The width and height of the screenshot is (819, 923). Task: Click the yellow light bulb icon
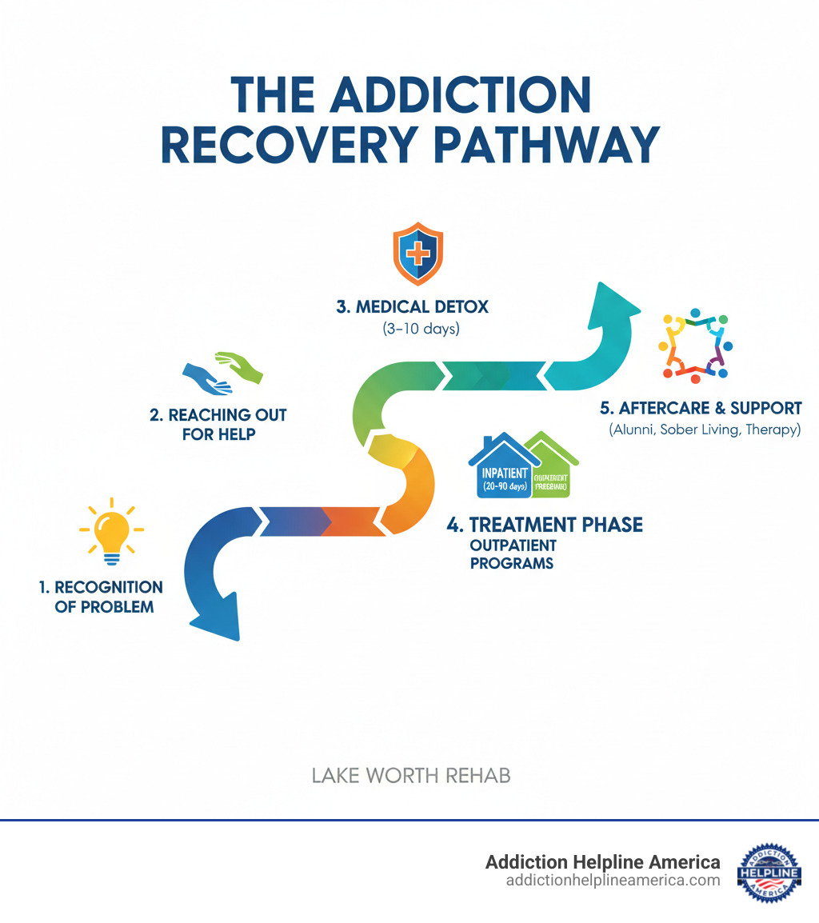click(x=112, y=530)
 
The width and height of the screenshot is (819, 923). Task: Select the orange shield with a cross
click(x=417, y=255)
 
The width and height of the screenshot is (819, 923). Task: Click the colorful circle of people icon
click(x=693, y=343)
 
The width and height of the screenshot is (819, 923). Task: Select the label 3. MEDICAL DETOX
click(x=412, y=306)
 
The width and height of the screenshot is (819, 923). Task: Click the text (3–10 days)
click(x=412, y=329)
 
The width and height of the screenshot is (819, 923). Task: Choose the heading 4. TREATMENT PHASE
click(x=545, y=525)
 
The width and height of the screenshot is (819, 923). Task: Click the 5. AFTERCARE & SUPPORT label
click(x=701, y=408)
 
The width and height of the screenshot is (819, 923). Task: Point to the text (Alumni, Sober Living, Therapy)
click(x=704, y=430)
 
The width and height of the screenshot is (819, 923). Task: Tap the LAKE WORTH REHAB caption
click(x=411, y=775)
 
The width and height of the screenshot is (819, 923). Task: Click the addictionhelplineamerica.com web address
click(x=613, y=880)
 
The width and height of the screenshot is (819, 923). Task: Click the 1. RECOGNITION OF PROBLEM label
click(x=102, y=597)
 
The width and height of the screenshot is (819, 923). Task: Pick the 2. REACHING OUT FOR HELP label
click(x=218, y=424)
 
